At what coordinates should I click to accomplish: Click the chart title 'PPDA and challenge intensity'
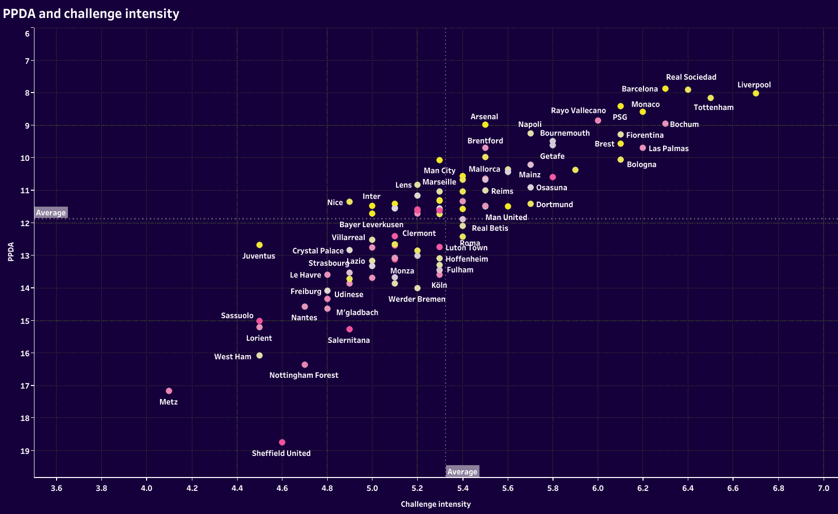pyautogui.click(x=91, y=14)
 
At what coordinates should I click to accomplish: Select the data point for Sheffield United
pyautogui.click(x=282, y=443)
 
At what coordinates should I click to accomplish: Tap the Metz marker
pyautogui.click(x=169, y=391)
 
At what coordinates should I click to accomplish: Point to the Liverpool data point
pyautogui.click(x=756, y=94)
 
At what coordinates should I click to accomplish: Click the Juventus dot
pyautogui.click(x=259, y=245)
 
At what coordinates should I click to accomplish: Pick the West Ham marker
pyautogui.click(x=259, y=356)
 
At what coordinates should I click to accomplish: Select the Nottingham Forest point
pyautogui.click(x=305, y=365)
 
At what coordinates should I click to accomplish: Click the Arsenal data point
pyautogui.click(x=485, y=125)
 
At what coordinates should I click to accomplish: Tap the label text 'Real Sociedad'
pyautogui.click(x=691, y=77)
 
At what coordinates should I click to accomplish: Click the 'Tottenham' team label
pyautogui.click(x=714, y=107)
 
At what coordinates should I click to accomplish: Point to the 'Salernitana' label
pyautogui.click(x=349, y=340)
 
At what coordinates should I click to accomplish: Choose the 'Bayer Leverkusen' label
pyautogui.click(x=371, y=225)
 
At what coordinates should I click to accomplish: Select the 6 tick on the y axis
pyautogui.click(x=27, y=34)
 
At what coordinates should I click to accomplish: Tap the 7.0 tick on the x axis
pyautogui.click(x=824, y=488)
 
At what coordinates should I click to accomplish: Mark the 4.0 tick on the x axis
pyautogui.click(x=147, y=488)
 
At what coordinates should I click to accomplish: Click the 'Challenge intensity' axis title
pyautogui.click(x=436, y=504)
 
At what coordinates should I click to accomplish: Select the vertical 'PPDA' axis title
pyautogui.click(x=11, y=252)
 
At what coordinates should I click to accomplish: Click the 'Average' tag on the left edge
pyautogui.click(x=51, y=213)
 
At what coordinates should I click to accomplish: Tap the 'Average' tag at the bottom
pyautogui.click(x=462, y=472)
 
